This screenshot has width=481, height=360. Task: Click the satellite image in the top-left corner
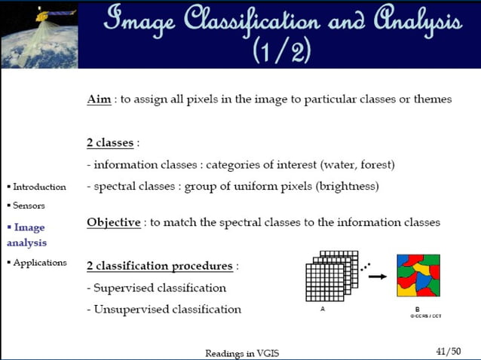click(38, 34)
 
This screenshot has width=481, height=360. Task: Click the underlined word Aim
click(99, 99)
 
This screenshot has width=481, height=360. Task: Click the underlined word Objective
click(114, 223)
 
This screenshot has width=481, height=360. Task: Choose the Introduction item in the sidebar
click(39, 187)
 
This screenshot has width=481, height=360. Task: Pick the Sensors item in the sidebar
click(29, 205)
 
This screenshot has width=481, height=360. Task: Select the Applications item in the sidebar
click(39, 263)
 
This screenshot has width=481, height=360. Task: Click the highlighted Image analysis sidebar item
click(29, 234)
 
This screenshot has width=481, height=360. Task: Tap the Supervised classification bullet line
click(156, 288)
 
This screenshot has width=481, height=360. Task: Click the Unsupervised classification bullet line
click(164, 309)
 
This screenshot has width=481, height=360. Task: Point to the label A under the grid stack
click(323, 309)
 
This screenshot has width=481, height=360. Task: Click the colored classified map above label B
click(418, 276)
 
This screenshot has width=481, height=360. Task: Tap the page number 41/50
click(449, 351)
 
